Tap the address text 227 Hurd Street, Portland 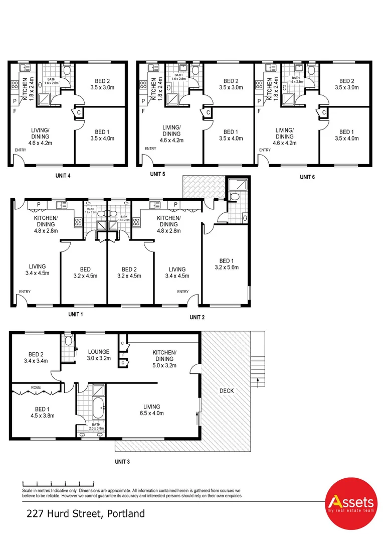point(86,513)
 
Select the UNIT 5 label point(157,174)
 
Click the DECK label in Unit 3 point(226,390)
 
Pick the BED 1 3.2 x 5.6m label point(226,264)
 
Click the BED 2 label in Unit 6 point(346,84)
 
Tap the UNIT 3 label point(122,461)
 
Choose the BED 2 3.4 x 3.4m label point(34,356)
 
